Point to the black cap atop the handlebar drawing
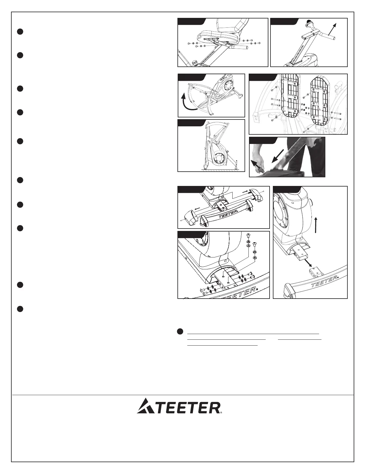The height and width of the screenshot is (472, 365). [308, 23]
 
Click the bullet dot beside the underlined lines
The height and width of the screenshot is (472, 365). [180, 331]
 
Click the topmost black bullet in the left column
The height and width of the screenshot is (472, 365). [20, 32]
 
